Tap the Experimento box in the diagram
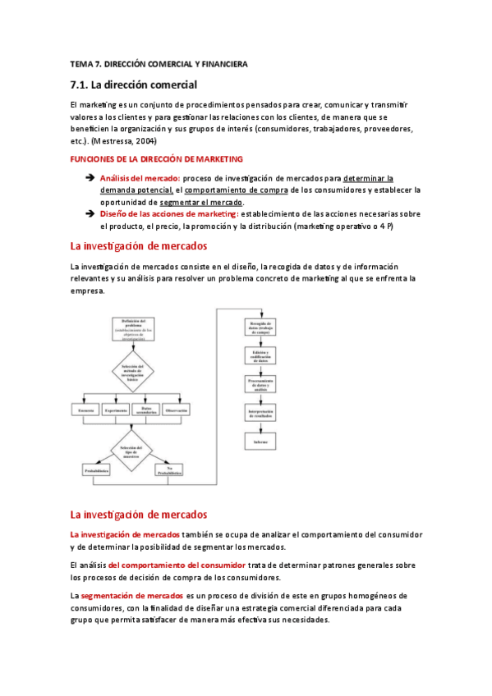(x=117, y=410)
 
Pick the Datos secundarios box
(x=146, y=409)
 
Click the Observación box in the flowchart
(x=177, y=410)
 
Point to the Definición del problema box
(x=133, y=327)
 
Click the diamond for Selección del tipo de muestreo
(x=133, y=452)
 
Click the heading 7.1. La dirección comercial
(x=134, y=85)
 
